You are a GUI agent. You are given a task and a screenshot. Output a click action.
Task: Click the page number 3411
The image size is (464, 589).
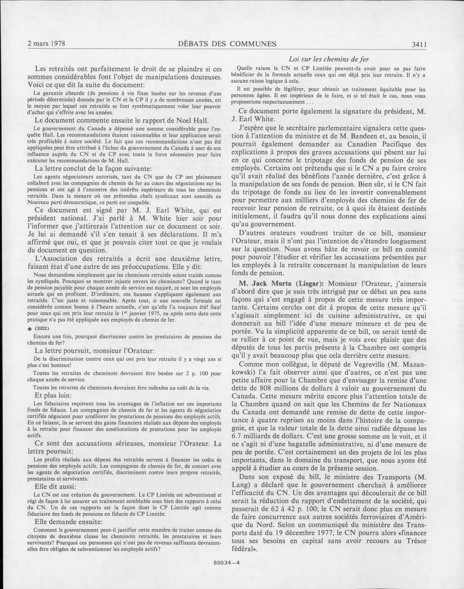(x=418, y=44)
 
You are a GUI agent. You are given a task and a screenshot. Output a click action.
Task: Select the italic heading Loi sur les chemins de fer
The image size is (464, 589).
(x=328, y=59)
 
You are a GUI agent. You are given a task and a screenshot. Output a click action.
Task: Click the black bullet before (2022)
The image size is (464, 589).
(x=30, y=329)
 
